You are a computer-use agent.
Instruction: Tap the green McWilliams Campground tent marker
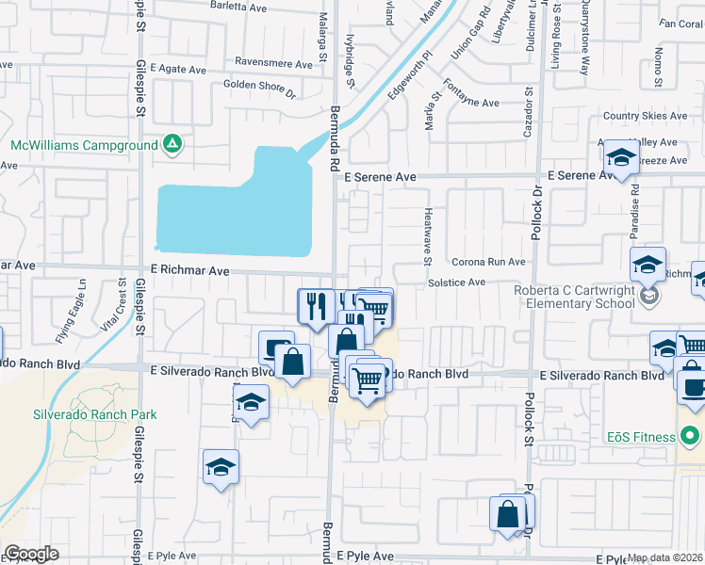(172, 145)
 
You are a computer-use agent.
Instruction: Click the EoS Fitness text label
(641, 437)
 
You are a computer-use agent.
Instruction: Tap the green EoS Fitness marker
(690, 437)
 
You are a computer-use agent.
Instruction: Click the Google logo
(31, 554)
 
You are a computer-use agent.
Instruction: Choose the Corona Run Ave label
(487, 262)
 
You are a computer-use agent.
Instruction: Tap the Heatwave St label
(428, 231)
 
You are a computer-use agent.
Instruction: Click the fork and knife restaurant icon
(316, 304)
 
